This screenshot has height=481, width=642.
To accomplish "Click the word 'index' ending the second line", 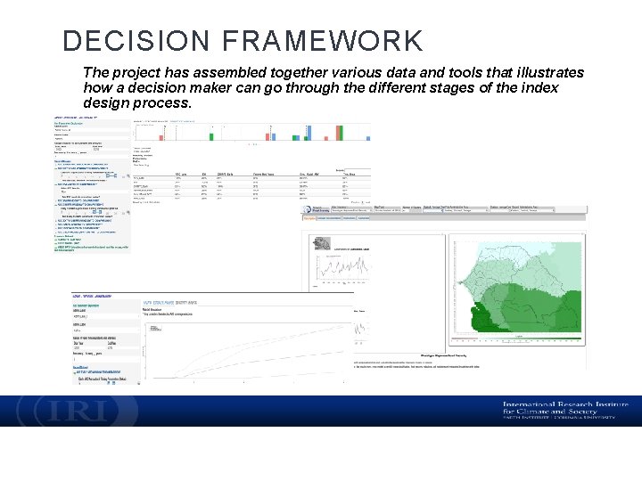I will click(x=539, y=87).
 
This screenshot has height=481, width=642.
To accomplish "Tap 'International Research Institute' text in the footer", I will click(x=559, y=405).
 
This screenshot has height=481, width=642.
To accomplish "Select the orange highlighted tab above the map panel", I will click(x=309, y=216).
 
